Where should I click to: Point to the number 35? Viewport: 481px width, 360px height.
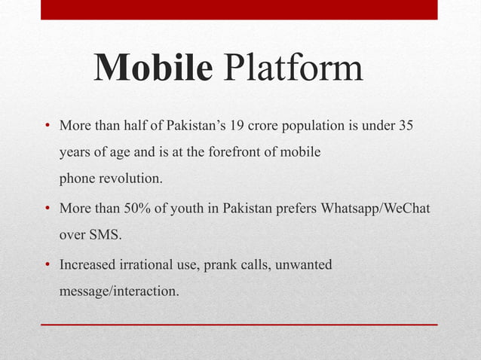pyautogui.click(x=405, y=125)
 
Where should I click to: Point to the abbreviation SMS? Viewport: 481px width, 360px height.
pyautogui.click(x=105, y=234)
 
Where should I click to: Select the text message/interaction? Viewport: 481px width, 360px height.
pyautogui.click(x=119, y=291)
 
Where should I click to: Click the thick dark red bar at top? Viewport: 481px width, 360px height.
pyautogui.click(x=239, y=9)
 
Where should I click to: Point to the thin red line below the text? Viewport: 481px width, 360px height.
pyautogui.click(x=239, y=324)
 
